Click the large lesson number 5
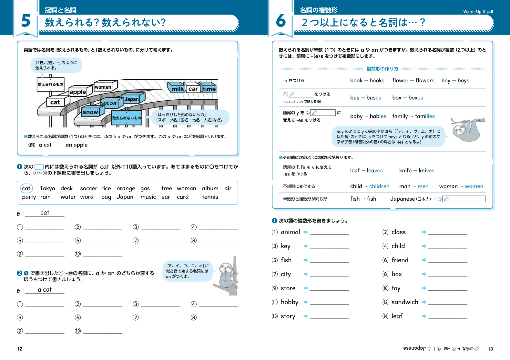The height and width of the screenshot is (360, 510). click(x=26, y=21)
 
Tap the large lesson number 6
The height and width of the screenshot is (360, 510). click(x=281, y=21)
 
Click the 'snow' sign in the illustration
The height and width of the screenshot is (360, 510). click(x=91, y=112)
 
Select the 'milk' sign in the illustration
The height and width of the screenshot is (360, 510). click(x=178, y=89)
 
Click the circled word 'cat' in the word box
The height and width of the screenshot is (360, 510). click(x=26, y=188)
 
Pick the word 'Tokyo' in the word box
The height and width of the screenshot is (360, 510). click(x=47, y=188)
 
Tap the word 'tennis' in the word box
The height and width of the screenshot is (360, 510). click(x=210, y=197)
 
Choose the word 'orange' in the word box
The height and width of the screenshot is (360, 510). click(x=126, y=188)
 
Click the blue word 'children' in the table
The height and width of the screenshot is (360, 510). click(x=379, y=186)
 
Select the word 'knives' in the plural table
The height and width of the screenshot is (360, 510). click(x=426, y=170)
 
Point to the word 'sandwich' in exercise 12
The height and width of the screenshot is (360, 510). click(x=405, y=302)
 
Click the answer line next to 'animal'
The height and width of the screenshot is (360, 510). click(x=329, y=232)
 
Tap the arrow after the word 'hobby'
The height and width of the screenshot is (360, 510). click(x=306, y=302)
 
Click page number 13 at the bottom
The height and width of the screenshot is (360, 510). click(x=490, y=349)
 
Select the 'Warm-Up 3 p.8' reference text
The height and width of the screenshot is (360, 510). click(x=478, y=12)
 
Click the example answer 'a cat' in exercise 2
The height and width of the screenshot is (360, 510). click(x=45, y=290)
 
